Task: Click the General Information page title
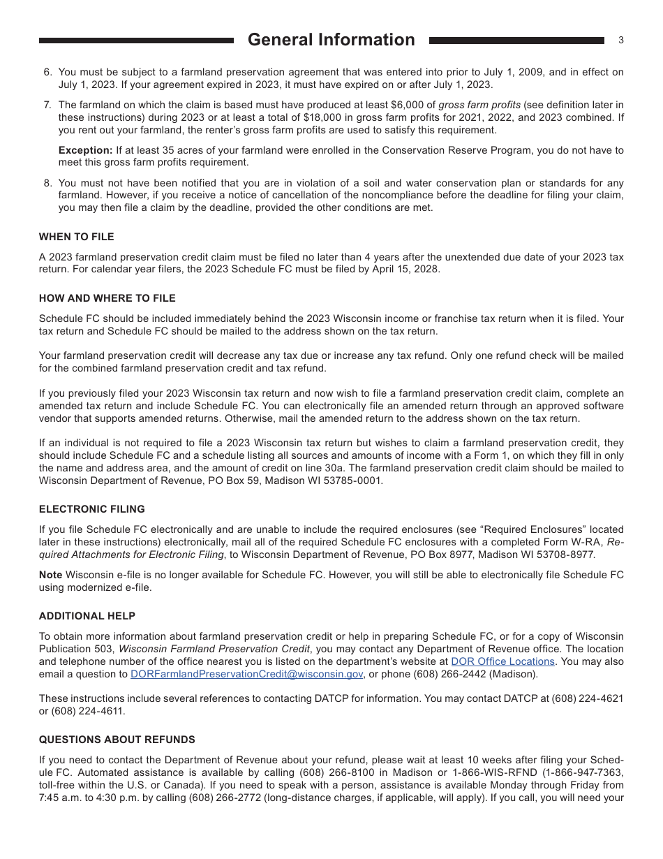331,40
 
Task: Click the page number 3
620,41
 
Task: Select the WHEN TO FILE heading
76,237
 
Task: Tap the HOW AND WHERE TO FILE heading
107,298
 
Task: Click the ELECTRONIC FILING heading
91,509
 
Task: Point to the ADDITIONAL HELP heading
87,616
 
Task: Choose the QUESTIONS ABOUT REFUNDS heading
117,740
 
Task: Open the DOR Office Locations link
502,661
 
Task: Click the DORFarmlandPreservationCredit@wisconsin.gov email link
246,674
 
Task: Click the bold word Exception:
85,150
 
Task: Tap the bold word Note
51,575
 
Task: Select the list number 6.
47,72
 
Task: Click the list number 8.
47,183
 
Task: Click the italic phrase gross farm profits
479,105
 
